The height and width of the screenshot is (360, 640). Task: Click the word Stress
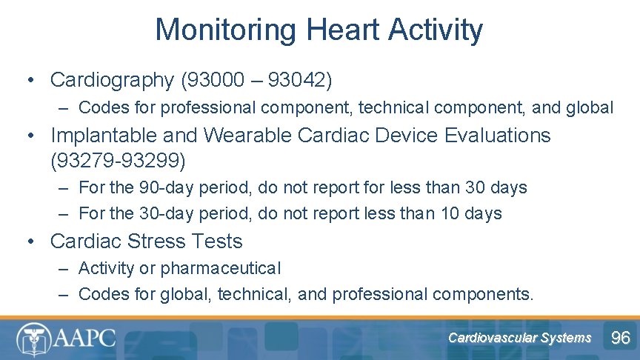(164, 241)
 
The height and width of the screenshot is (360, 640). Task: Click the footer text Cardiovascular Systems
(519, 338)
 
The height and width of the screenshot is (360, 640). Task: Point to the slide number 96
(620, 339)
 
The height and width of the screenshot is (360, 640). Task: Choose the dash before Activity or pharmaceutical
(64, 268)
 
